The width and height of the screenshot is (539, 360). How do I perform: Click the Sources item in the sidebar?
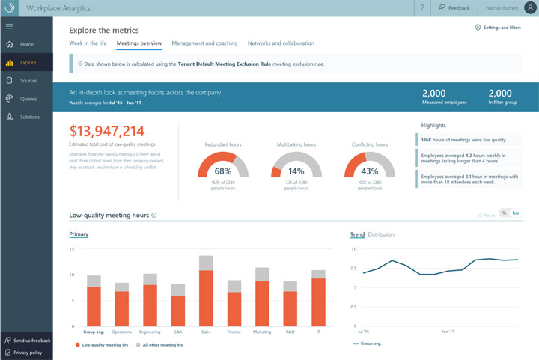tap(28, 80)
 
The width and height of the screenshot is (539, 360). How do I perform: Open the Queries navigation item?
tap(28, 98)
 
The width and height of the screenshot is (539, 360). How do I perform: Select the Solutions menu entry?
tap(30, 117)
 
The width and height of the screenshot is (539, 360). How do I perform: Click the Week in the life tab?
tap(88, 43)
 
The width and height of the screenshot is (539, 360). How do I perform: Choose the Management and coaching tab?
tap(204, 43)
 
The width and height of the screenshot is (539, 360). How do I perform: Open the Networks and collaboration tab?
tap(281, 43)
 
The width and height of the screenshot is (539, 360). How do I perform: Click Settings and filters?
tap(498, 27)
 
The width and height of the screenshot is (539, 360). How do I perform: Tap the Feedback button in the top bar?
tap(454, 8)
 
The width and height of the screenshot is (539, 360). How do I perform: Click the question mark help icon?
tap(422, 8)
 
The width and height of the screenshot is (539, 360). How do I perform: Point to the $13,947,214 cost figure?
tap(107, 131)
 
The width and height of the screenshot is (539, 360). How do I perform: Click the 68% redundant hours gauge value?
tap(222, 171)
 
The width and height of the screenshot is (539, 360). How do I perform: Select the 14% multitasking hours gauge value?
tap(296, 171)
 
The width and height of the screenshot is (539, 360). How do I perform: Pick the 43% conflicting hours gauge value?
tap(369, 171)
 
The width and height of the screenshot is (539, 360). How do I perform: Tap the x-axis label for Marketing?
tap(262, 331)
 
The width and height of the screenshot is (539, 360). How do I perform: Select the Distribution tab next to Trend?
tap(381, 234)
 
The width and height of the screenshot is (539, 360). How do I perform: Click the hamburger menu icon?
tap(10, 26)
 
